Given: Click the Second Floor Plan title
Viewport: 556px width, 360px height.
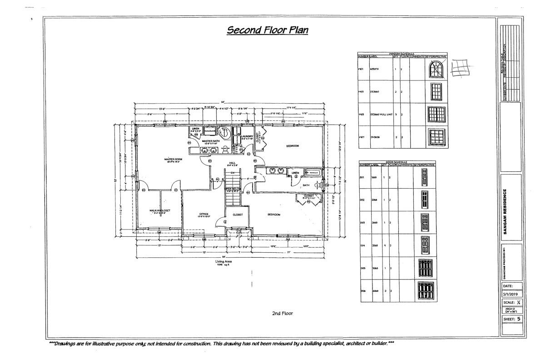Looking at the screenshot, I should tap(268, 30).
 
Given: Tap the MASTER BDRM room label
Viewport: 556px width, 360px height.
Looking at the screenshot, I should tap(173, 160).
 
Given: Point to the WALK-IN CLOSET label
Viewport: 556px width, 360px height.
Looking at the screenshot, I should tap(160, 211).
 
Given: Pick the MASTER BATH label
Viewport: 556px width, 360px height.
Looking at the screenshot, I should tap(210, 141).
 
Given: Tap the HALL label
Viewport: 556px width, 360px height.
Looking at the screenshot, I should tap(232, 163).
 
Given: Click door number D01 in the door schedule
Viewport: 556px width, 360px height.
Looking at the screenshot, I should tap(363, 177).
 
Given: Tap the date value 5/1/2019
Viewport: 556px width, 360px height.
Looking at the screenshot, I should tap(511, 294).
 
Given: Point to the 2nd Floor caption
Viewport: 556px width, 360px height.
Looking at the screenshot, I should tap(282, 313).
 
